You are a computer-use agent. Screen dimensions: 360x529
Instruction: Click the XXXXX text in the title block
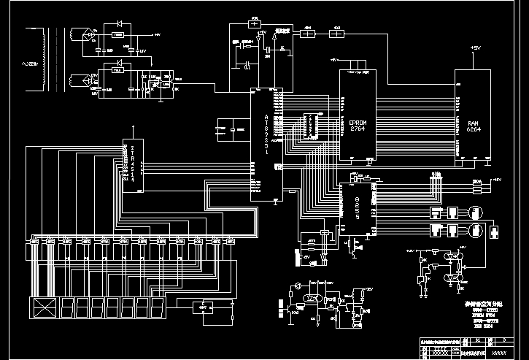[499, 352]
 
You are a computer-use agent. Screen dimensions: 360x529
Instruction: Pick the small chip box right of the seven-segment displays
[201, 307]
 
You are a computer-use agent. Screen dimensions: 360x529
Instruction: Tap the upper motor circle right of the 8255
[476, 211]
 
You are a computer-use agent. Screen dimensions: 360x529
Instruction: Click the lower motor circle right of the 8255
[475, 229]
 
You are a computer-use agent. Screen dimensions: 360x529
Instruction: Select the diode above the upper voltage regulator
[117, 24]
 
